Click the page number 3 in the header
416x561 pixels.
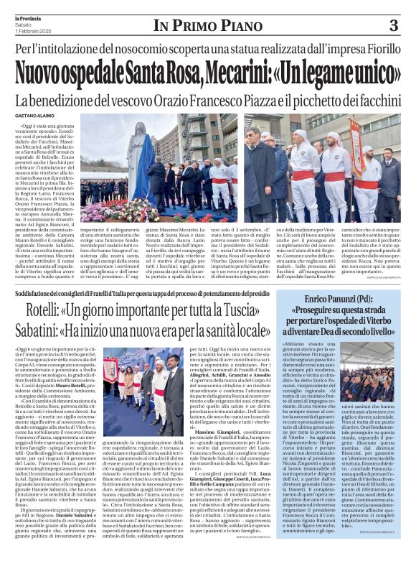click(x=393, y=25)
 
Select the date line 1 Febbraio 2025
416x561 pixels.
click(x=32, y=30)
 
